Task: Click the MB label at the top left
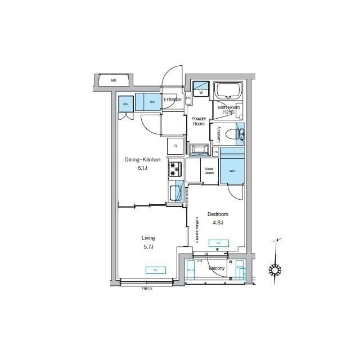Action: click(x=113, y=81)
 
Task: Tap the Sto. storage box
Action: click(x=125, y=103)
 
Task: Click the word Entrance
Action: click(x=172, y=100)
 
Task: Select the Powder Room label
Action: click(x=199, y=121)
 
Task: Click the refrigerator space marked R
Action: click(x=175, y=146)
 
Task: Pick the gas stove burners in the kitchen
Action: click(x=175, y=168)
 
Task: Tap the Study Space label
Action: click(x=209, y=171)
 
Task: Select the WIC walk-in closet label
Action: click(x=232, y=170)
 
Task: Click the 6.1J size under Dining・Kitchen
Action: click(x=142, y=168)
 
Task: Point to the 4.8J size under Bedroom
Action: click(x=218, y=223)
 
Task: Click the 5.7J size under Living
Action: click(x=148, y=246)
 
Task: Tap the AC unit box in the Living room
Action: click(x=156, y=271)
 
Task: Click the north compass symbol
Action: click(x=274, y=270)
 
